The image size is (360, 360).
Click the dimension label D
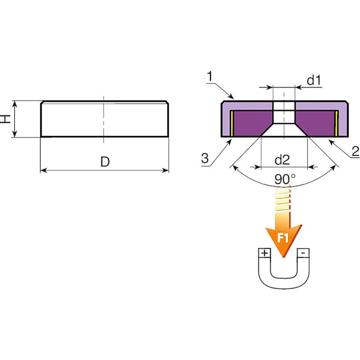(x=105, y=162)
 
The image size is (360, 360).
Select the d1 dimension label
(x=314, y=80)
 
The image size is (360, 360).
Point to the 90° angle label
(x=285, y=179)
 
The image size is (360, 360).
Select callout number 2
(x=355, y=151)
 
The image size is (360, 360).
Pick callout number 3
(x=205, y=158)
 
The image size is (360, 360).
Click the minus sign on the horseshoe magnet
(x=304, y=253)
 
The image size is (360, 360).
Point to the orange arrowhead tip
(x=283, y=256)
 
